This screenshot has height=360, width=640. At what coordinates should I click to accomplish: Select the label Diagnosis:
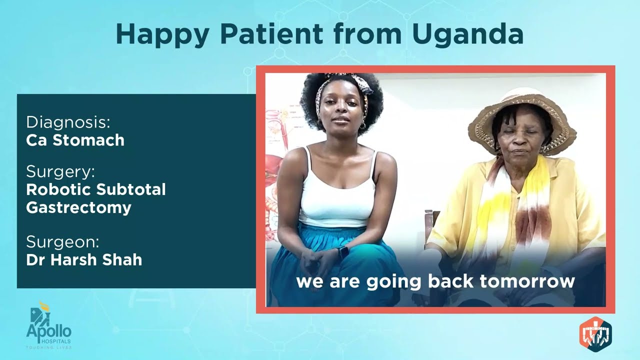pos(68,122)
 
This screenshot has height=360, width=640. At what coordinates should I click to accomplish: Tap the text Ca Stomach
pos(75,140)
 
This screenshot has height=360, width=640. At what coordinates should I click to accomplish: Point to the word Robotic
pos(57,189)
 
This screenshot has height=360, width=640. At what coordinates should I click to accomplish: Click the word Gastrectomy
pos(78,207)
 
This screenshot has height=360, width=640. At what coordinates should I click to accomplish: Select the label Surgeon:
pos(62,242)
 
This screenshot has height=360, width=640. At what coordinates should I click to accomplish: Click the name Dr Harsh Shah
pos(84,260)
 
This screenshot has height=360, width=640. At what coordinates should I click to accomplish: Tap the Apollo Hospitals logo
pos(49,325)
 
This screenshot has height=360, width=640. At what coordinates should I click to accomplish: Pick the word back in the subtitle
pos(451,281)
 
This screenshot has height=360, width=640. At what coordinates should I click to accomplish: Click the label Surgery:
pos(60,172)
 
